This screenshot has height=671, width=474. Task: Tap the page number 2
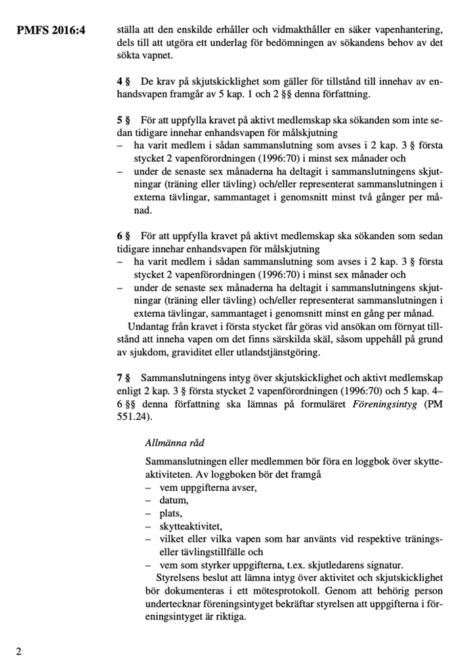18,651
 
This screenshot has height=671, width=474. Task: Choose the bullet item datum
174,500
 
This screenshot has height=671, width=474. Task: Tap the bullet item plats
171,513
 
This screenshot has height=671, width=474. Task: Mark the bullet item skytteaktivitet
190,526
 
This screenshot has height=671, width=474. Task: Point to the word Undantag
148,326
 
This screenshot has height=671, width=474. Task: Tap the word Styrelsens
179,578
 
